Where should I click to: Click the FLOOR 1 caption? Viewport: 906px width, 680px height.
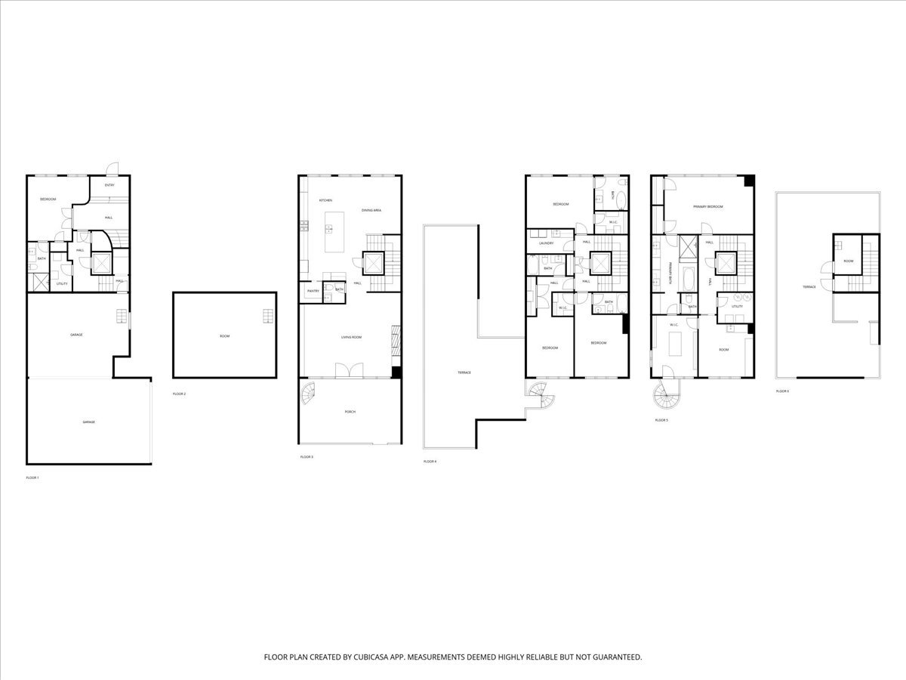coord(32,478)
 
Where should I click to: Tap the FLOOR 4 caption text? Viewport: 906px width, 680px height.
coord(430,461)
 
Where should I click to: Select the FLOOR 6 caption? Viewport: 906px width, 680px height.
coord(782,391)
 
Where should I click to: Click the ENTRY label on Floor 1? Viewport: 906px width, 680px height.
coord(109,185)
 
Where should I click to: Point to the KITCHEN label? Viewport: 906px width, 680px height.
coord(325,200)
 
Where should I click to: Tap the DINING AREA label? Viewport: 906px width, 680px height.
coord(371,210)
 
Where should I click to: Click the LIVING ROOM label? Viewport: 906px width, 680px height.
coord(352,337)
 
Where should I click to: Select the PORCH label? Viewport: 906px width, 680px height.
coord(350,412)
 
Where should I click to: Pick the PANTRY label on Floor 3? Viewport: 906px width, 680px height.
coord(313,290)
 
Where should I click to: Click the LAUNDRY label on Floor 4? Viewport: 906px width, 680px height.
coord(547,243)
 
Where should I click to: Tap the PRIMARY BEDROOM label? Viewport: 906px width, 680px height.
coord(709,207)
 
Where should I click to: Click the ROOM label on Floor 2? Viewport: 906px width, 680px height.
coord(224,335)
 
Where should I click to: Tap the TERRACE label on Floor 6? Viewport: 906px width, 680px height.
coord(809,288)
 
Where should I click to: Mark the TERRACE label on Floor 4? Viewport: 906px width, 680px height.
coord(464,372)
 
